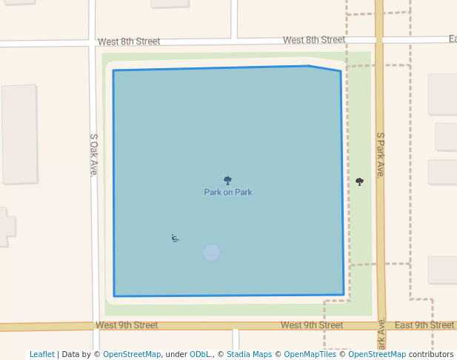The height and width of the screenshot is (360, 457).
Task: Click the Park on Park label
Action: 228,193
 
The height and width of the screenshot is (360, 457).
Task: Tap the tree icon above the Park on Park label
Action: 227,181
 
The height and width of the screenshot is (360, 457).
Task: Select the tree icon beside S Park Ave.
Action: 360,181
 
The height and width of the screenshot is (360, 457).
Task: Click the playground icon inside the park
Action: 175,238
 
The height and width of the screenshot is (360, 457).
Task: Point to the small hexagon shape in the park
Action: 212,253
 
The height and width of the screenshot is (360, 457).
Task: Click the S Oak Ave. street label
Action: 94,155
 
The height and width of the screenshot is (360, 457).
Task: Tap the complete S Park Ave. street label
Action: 380,155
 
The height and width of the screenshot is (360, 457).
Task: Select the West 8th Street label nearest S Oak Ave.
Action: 129,41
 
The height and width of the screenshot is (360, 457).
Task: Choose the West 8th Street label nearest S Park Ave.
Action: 313,40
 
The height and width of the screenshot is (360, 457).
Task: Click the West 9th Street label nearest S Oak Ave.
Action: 127,325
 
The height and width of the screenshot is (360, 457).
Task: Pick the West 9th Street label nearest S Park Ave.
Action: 312,325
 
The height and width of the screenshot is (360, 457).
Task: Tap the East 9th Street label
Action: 424,325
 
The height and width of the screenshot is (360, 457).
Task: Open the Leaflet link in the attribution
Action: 41,355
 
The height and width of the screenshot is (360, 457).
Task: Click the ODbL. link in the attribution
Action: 200,355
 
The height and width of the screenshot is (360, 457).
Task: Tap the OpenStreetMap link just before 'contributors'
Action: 377,355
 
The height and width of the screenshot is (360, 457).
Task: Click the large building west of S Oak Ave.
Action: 19,134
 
